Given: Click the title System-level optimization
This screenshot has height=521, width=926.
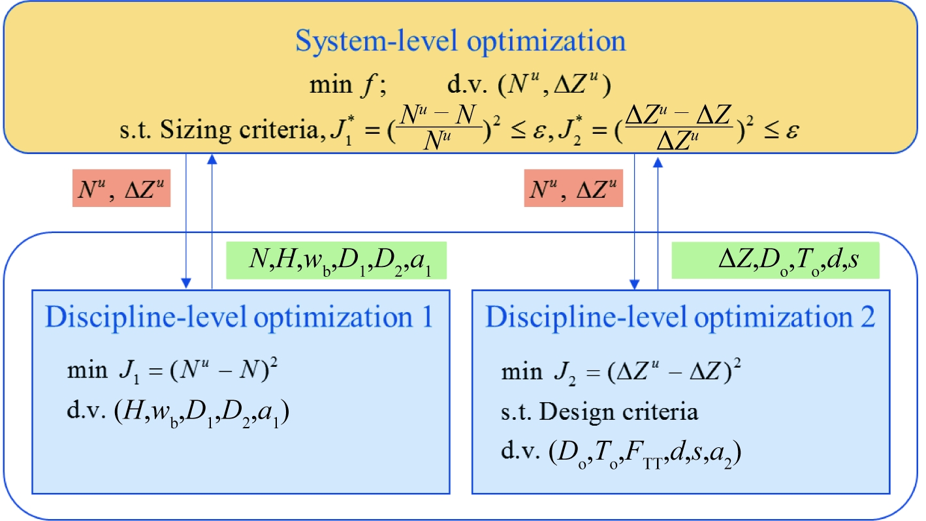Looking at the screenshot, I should click(460, 41).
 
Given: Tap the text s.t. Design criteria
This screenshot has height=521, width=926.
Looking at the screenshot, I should click(599, 413).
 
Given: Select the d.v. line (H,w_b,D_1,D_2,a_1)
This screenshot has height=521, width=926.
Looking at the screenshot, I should click(178, 414).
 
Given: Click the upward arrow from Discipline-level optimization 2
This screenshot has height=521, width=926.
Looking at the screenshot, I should click(657, 222).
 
